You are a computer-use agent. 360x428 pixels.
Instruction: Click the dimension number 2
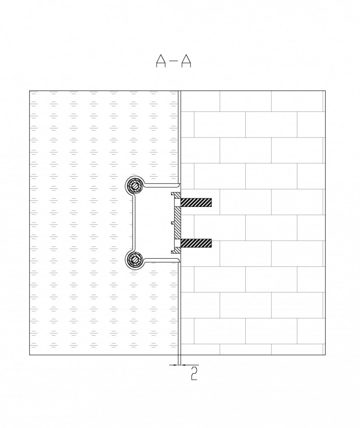coord(194,373)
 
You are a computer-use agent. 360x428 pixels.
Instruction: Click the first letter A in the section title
coord(161,61)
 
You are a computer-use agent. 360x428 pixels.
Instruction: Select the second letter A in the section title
coord(186,61)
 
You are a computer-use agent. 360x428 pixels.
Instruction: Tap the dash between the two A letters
coord(173,60)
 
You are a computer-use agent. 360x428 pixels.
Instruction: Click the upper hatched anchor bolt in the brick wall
coord(196,202)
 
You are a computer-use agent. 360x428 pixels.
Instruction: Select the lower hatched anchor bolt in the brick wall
coord(196,243)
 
